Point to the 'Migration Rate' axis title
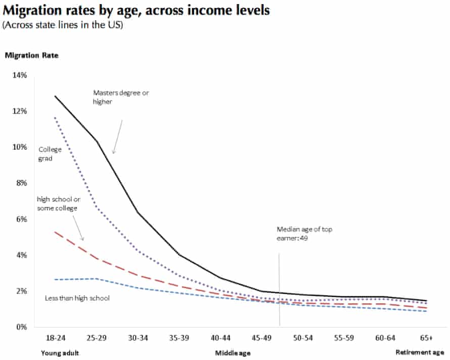tap(31, 56)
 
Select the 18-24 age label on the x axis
tap(55, 337)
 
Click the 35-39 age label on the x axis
tap(178, 337)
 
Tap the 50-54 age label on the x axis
tap(302, 337)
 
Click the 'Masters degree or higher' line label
tap(121, 97)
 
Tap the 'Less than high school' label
tap(77, 298)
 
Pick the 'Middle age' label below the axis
tap(233, 352)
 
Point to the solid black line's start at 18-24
tap(55, 96)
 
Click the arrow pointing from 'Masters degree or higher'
tap(117, 137)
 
